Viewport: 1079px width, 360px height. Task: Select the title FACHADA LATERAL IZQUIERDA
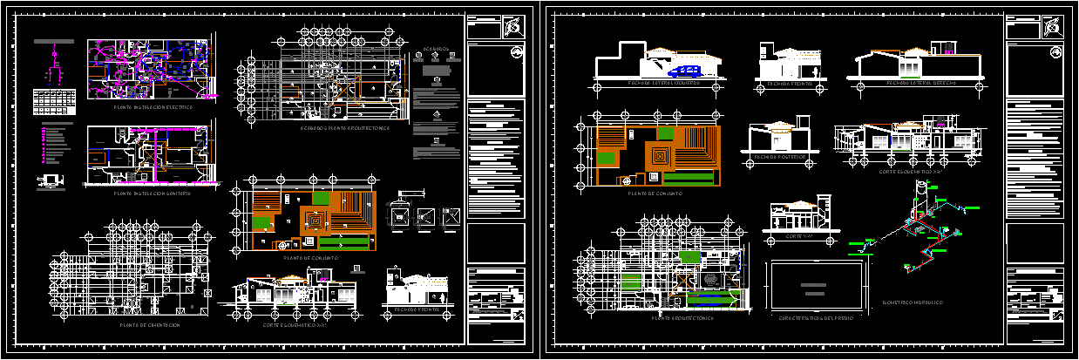[663, 83]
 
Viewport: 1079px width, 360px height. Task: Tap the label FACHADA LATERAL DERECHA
[908, 83]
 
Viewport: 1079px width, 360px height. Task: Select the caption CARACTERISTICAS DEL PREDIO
[815, 318]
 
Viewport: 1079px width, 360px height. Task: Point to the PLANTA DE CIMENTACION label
[151, 325]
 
